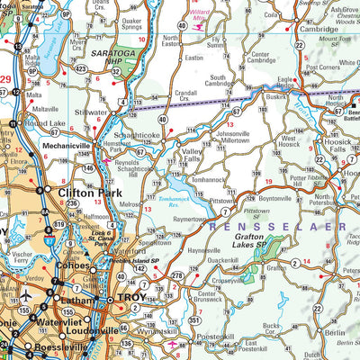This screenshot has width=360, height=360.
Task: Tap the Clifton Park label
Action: pyautogui.click(x=88, y=193)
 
